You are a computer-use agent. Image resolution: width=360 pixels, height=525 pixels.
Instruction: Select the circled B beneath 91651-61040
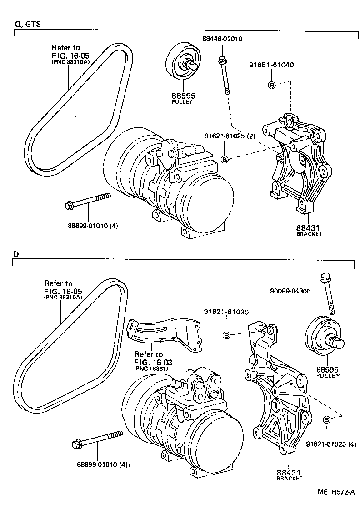(271, 85)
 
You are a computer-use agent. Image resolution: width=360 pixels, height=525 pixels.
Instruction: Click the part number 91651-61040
(271, 65)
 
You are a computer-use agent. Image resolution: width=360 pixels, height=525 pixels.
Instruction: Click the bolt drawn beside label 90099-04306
(328, 294)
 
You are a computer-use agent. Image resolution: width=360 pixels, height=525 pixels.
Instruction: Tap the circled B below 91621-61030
(226, 335)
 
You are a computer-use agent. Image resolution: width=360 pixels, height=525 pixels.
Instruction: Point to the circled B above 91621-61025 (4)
(327, 419)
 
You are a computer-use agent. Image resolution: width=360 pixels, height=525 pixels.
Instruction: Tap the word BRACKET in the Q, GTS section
(309, 234)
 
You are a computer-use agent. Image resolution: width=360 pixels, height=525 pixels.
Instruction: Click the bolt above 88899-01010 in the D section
(97, 439)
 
